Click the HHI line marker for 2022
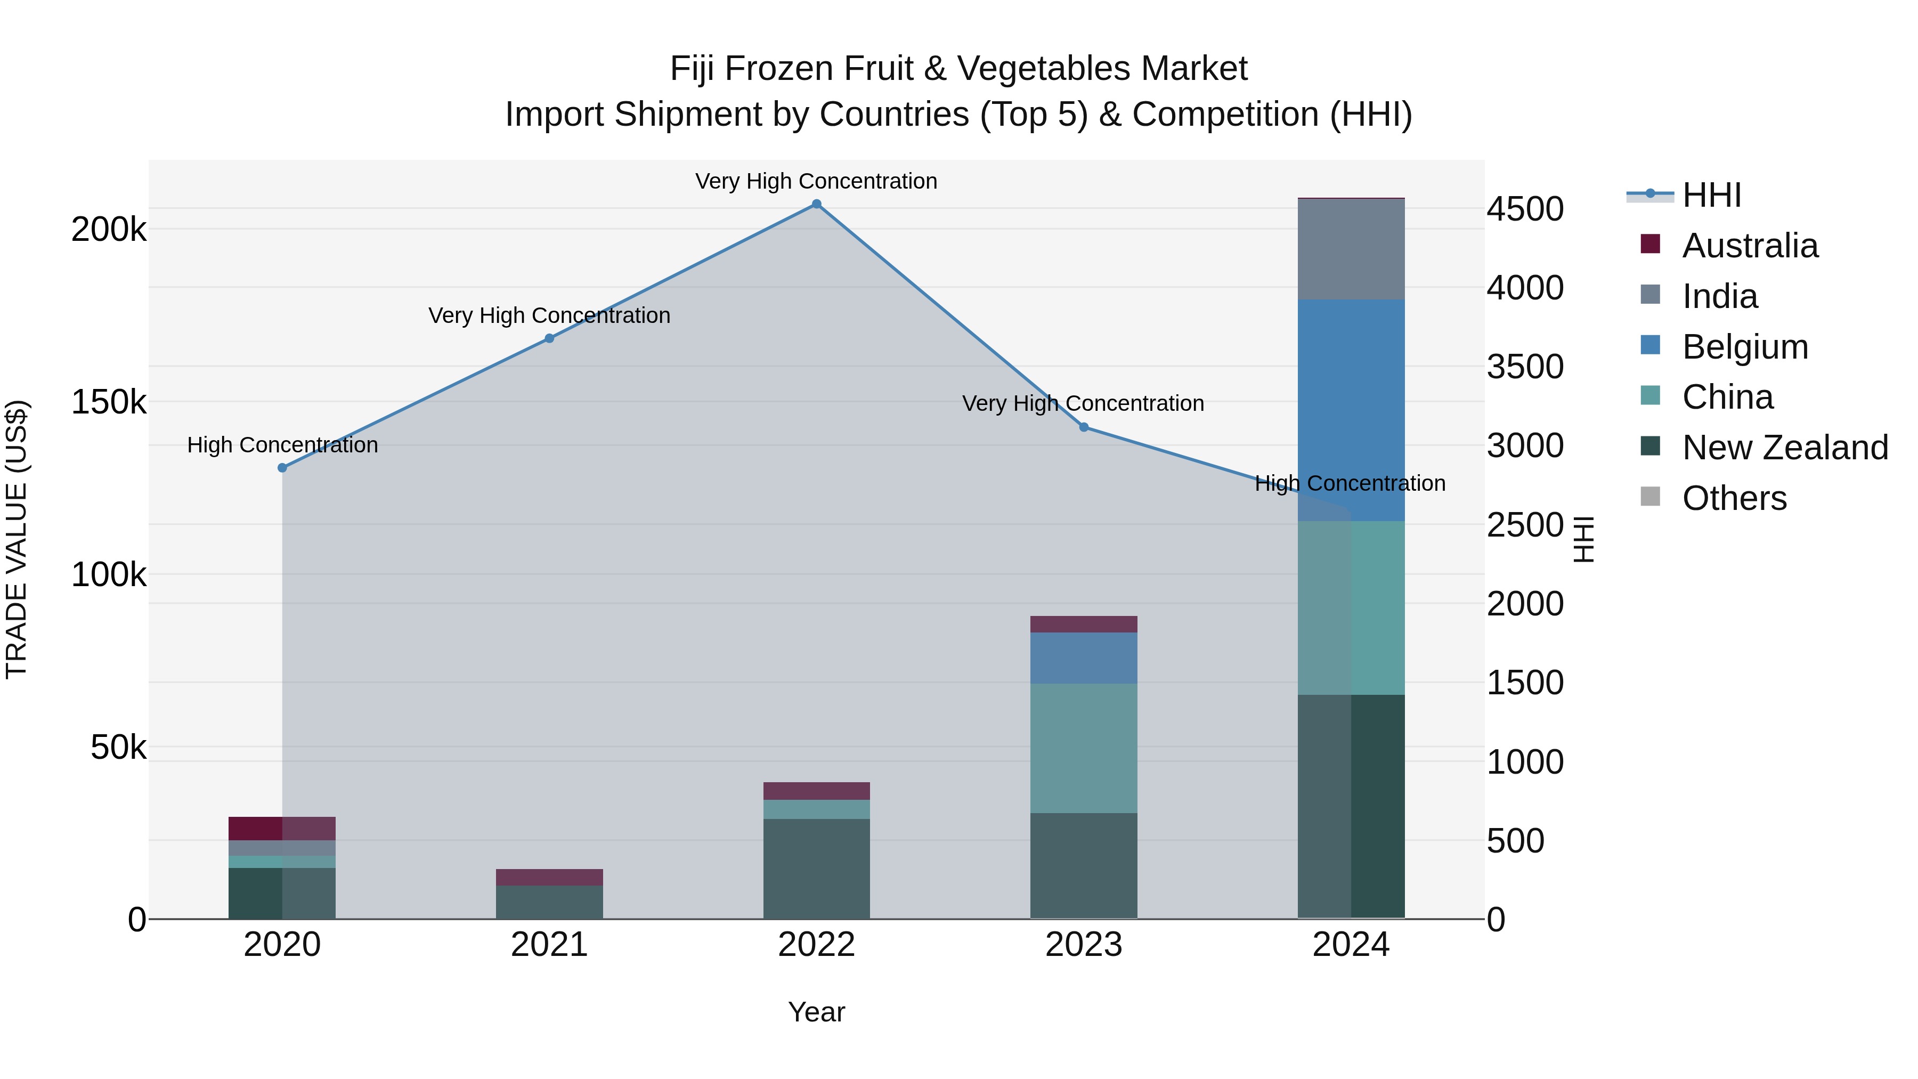816,204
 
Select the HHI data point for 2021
549,338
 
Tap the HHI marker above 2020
282,468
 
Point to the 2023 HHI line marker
1083,427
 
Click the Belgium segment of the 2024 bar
1351,410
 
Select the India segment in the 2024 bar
1351,249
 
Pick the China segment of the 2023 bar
1083,748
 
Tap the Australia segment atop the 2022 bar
816,791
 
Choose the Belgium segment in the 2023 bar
1083,658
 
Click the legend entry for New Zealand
1785,448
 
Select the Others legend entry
1734,498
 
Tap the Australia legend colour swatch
1651,244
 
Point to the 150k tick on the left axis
109,402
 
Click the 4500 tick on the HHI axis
1525,209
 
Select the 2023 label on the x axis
1083,945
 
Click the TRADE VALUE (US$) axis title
17,539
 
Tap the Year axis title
816,1012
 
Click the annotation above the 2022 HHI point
816,181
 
